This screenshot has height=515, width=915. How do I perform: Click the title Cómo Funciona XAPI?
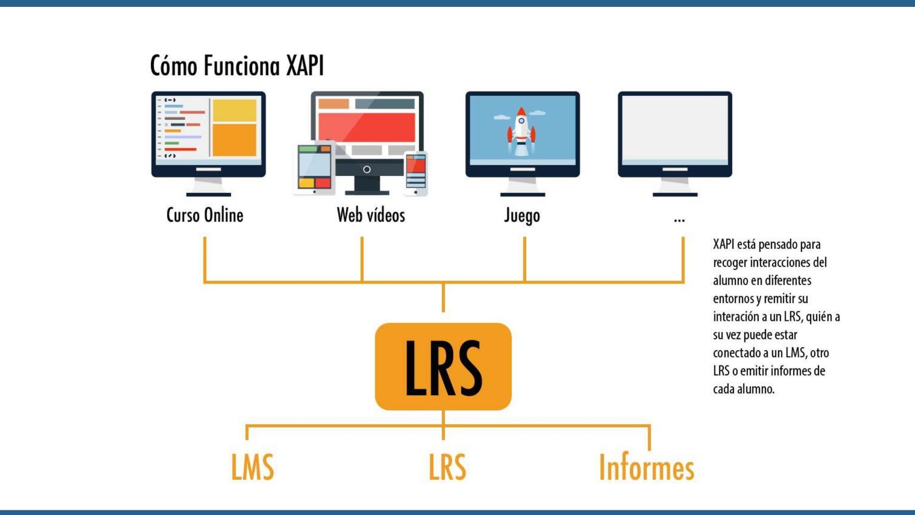pyautogui.click(x=237, y=65)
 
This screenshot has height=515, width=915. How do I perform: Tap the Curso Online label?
pyautogui.click(x=205, y=215)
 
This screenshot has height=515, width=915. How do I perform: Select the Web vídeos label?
pyautogui.click(x=371, y=215)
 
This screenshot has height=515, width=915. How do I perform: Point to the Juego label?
pyautogui.click(x=522, y=216)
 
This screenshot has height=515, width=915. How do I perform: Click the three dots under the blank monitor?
pyautogui.click(x=679, y=220)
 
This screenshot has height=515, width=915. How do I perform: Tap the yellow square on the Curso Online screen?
pyautogui.click(x=234, y=110)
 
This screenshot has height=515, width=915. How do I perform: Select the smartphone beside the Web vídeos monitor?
pyautogui.click(x=416, y=173)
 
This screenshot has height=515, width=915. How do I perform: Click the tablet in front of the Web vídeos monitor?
pyautogui.click(x=314, y=168)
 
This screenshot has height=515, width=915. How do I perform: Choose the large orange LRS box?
pyautogui.click(x=443, y=366)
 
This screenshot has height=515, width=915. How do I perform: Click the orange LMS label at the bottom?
pyautogui.click(x=252, y=467)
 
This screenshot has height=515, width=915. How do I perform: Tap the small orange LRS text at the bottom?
pyautogui.click(x=447, y=467)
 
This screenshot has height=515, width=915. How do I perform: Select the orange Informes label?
pyautogui.click(x=646, y=467)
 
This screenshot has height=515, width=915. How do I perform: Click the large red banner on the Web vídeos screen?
pyautogui.click(x=366, y=127)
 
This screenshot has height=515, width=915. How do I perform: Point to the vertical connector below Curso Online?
pyautogui.click(x=205, y=258)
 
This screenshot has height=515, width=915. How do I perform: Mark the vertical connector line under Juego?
pyautogui.click(x=524, y=258)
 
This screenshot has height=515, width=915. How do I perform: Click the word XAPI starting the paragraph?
pyautogui.click(x=723, y=244)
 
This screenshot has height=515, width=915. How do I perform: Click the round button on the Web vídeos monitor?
pyautogui.click(x=366, y=169)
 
